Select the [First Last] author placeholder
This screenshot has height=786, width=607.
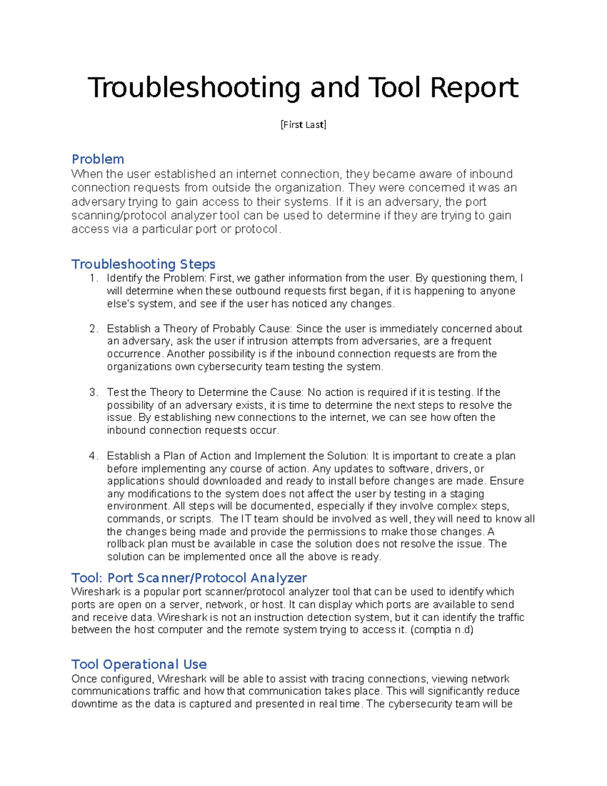coord(303,125)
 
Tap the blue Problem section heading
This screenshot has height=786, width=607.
coord(98,159)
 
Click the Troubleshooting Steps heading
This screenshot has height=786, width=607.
coord(143,264)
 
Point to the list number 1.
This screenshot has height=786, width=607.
coord(93,278)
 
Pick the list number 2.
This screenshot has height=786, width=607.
coord(93,329)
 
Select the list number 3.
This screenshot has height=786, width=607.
coord(93,392)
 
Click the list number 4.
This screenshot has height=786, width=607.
coord(93,456)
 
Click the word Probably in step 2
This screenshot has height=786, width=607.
coord(234,329)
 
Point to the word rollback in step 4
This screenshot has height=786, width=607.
coord(126,544)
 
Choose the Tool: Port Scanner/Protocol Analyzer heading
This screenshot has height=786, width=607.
coord(189,578)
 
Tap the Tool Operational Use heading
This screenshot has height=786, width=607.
coord(139,665)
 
